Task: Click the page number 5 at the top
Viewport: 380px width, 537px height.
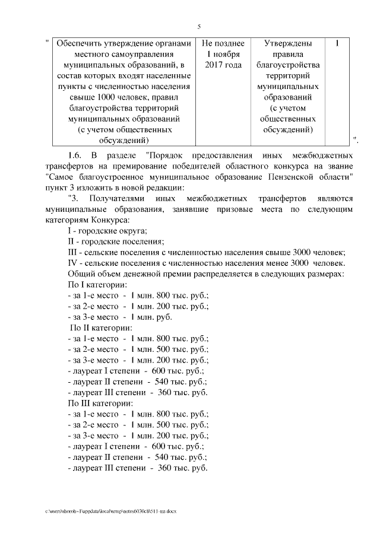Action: point(199,26)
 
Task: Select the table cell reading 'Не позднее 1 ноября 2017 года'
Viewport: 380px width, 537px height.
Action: point(223,54)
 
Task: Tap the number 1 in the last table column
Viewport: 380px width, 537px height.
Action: point(337,44)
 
